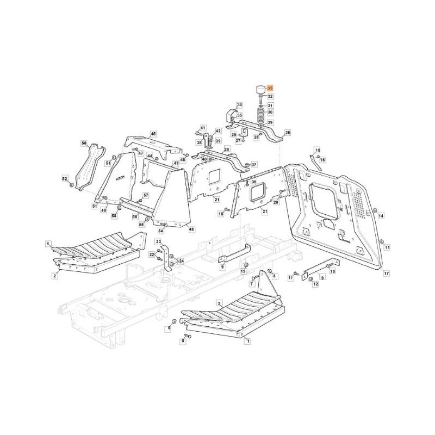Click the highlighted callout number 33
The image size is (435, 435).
[270, 87]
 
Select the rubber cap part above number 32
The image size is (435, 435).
[260, 89]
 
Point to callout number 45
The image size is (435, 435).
[153, 133]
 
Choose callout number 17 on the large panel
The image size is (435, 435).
[386, 273]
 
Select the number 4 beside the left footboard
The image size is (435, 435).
[48, 244]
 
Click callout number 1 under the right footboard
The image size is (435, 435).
[248, 341]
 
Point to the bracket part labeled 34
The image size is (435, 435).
[231, 115]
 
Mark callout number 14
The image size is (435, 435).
[381, 216]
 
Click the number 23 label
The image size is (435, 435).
[159, 241]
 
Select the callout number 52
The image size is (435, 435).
[64, 179]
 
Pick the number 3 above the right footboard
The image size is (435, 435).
[219, 302]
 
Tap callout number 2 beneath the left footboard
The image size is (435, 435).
[55, 276]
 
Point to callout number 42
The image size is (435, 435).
[218, 131]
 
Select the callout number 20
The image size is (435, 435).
[276, 202]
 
